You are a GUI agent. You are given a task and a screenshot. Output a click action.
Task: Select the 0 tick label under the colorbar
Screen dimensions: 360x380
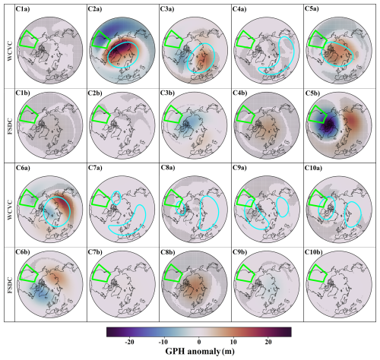198,342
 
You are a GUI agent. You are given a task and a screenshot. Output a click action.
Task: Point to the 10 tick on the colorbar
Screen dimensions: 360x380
233,342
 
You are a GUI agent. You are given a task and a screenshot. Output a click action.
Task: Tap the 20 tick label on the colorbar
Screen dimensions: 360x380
267,342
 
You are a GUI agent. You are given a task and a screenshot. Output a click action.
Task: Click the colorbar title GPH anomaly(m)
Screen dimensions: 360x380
198,352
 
